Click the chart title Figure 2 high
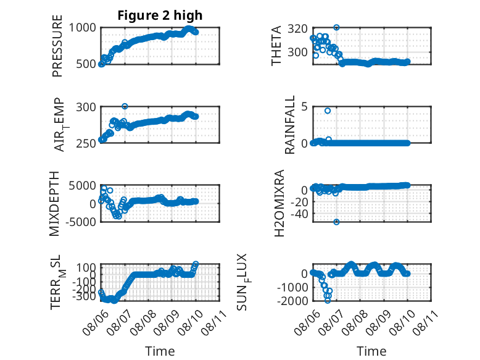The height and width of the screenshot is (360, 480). click(x=160, y=15)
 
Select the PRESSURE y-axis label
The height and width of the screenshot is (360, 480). click(x=57, y=46)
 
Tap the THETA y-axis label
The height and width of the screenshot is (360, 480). click(x=276, y=46)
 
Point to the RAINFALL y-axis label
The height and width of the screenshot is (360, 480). click(x=289, y=125)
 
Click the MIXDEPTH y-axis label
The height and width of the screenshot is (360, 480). click(x=54, y=203)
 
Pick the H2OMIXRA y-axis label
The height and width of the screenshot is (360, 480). click(x=279, y=203)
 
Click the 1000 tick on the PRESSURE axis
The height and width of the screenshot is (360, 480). click(x=82, y=28)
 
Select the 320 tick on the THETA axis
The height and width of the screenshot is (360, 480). click(x=297, y=28)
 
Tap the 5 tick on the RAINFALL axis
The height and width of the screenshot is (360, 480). click(x=304, y=107)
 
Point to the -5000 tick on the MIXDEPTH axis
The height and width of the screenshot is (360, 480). click(x=81, y=222)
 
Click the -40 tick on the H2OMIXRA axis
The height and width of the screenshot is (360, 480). click(x=299, y=214)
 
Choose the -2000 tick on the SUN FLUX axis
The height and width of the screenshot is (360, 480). click(x=292, y=301)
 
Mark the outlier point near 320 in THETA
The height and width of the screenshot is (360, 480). click(x=336, y=28)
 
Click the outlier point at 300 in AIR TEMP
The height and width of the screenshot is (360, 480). click(x=125, y=106)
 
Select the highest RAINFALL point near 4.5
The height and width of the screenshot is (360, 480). click(x=328, y=111)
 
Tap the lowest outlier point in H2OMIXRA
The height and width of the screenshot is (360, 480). click(x=336, y=222)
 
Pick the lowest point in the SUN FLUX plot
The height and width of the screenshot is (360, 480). click(x=328, y=301)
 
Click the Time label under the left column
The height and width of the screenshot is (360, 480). click(x=160, y=351)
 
